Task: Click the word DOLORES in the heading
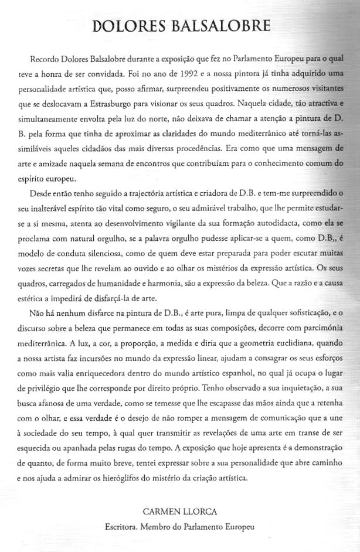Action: [127, 26]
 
